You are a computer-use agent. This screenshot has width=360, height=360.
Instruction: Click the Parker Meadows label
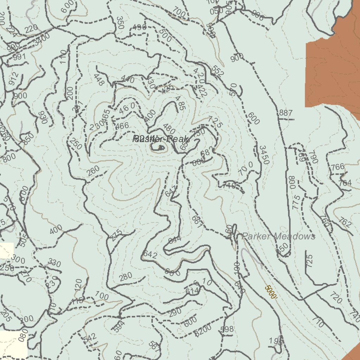(x=278, y=236)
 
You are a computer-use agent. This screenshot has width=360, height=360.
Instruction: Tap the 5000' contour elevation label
(x=271, y=292)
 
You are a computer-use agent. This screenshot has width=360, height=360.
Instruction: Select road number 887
(x=286, y=113)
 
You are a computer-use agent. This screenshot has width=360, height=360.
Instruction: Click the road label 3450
(x=264, y=155)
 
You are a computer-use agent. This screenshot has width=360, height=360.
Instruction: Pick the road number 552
(x=218, y=72)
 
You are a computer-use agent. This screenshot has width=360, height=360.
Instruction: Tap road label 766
(x=338, y=167)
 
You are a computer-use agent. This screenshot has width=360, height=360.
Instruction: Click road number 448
(x=99, y=80)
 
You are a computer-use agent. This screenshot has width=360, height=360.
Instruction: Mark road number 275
(x=116, y=235)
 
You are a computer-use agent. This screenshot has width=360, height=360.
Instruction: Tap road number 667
(x=198, y=221)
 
